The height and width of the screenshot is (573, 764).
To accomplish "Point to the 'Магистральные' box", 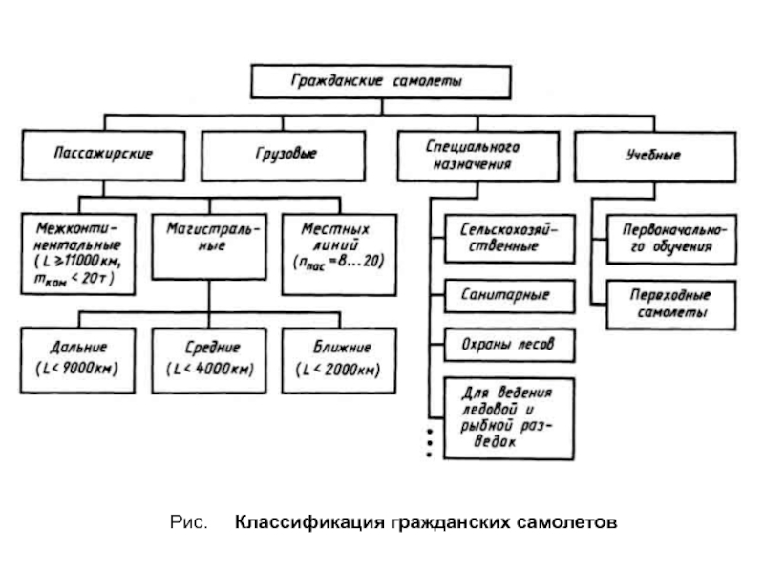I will [208, 244].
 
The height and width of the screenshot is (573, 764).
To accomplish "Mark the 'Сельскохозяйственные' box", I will [510, 239].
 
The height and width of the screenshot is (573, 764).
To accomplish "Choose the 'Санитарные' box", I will [510, 295].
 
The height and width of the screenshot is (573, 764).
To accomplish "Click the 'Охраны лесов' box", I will [510, 343].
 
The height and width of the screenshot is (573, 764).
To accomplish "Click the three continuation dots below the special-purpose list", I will [430, 442].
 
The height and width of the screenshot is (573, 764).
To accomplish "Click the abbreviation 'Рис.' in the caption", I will [188, 523].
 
